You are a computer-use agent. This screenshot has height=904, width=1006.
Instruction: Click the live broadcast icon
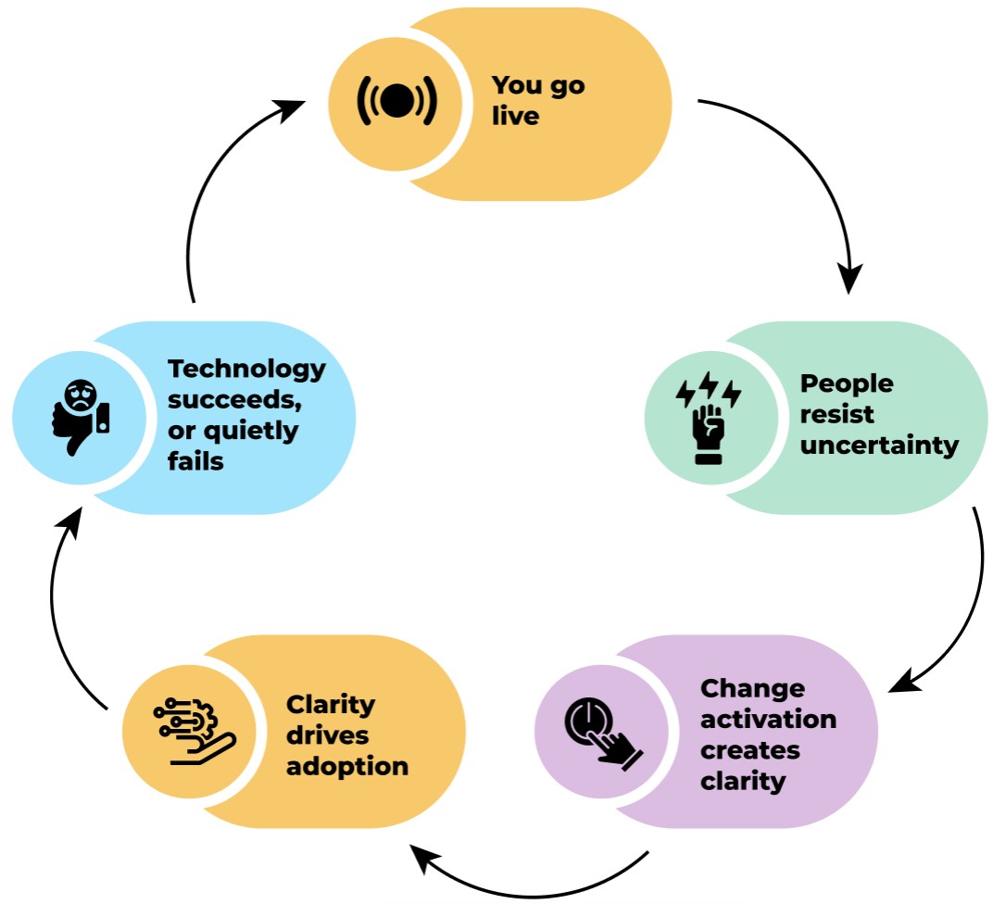396,102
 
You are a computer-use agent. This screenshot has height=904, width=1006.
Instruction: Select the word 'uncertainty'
879,445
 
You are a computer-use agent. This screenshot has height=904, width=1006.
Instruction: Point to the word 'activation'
768,719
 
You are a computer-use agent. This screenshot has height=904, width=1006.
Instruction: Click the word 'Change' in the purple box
752,688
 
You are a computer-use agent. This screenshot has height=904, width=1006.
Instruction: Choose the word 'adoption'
347,766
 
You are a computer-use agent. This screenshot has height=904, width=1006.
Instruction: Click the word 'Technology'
246,369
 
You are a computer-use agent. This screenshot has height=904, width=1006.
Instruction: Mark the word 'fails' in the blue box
195,460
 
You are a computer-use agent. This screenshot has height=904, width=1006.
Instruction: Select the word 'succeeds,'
223,399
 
